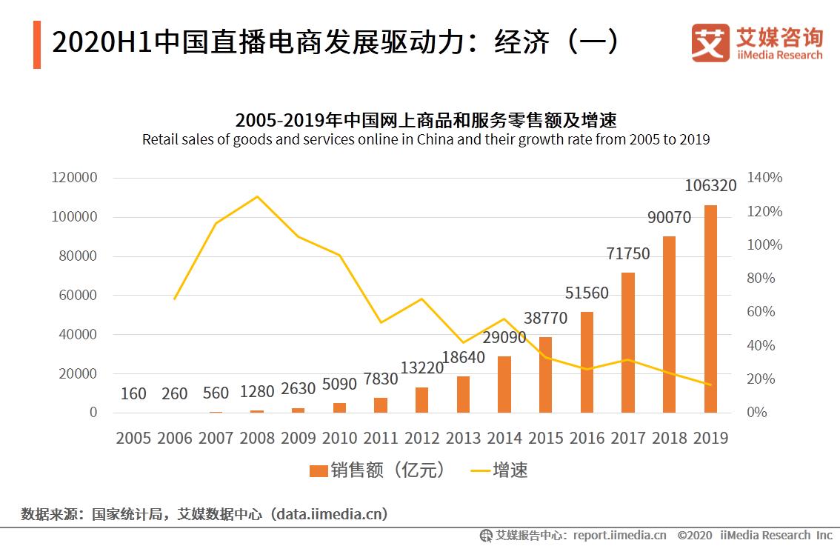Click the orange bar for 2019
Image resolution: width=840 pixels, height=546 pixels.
[710, 308]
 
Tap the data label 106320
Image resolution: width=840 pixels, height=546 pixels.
[710, 185]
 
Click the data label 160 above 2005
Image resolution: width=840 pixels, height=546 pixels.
[133, 393]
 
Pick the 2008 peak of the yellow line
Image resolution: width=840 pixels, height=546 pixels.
[257, 196]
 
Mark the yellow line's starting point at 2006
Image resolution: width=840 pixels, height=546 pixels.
[175, 299]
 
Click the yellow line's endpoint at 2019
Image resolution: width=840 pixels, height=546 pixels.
[710, 384]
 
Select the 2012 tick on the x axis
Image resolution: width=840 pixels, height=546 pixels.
[421, 438]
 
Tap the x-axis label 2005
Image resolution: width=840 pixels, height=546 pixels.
[133, 438]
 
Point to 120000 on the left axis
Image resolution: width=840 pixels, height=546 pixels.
[74, 178]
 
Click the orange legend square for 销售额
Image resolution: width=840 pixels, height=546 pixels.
[319, 470]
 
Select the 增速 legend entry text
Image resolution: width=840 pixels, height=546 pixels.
[510, 470]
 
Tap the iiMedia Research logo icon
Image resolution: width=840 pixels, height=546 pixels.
[710, 43]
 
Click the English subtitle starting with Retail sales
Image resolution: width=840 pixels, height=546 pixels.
[426, 139]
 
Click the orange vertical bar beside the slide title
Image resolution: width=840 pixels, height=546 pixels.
[37, 44]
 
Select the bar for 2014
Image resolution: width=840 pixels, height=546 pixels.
[504, 384]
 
